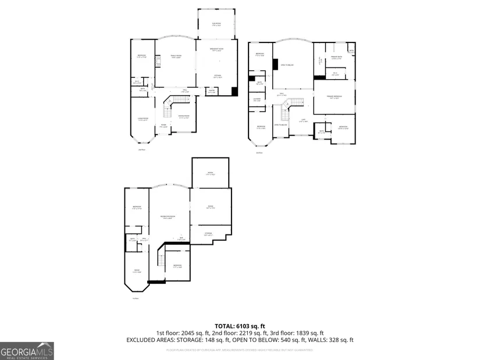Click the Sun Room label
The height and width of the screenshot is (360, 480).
tap(216, 23)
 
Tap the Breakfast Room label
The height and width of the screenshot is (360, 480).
tap(216, 51)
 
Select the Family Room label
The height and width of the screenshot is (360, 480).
tap(175, 57)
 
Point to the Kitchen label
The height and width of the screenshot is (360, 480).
tap(216, 76)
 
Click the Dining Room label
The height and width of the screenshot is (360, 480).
tap(183, 116)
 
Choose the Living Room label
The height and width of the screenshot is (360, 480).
tap(141, 120)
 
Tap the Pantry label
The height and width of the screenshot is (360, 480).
tap(211, 91)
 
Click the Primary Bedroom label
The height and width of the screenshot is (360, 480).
tap(334, 98)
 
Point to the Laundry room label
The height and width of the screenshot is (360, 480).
tap(257, 100)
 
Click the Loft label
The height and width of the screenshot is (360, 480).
tap(303, 120)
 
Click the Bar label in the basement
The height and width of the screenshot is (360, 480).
tap(181, 238)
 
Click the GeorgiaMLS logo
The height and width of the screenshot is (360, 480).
tap(27, 351)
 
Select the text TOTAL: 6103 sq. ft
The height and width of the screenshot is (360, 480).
tap(240, 325)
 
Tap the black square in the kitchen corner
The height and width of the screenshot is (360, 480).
tap(234, 91)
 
